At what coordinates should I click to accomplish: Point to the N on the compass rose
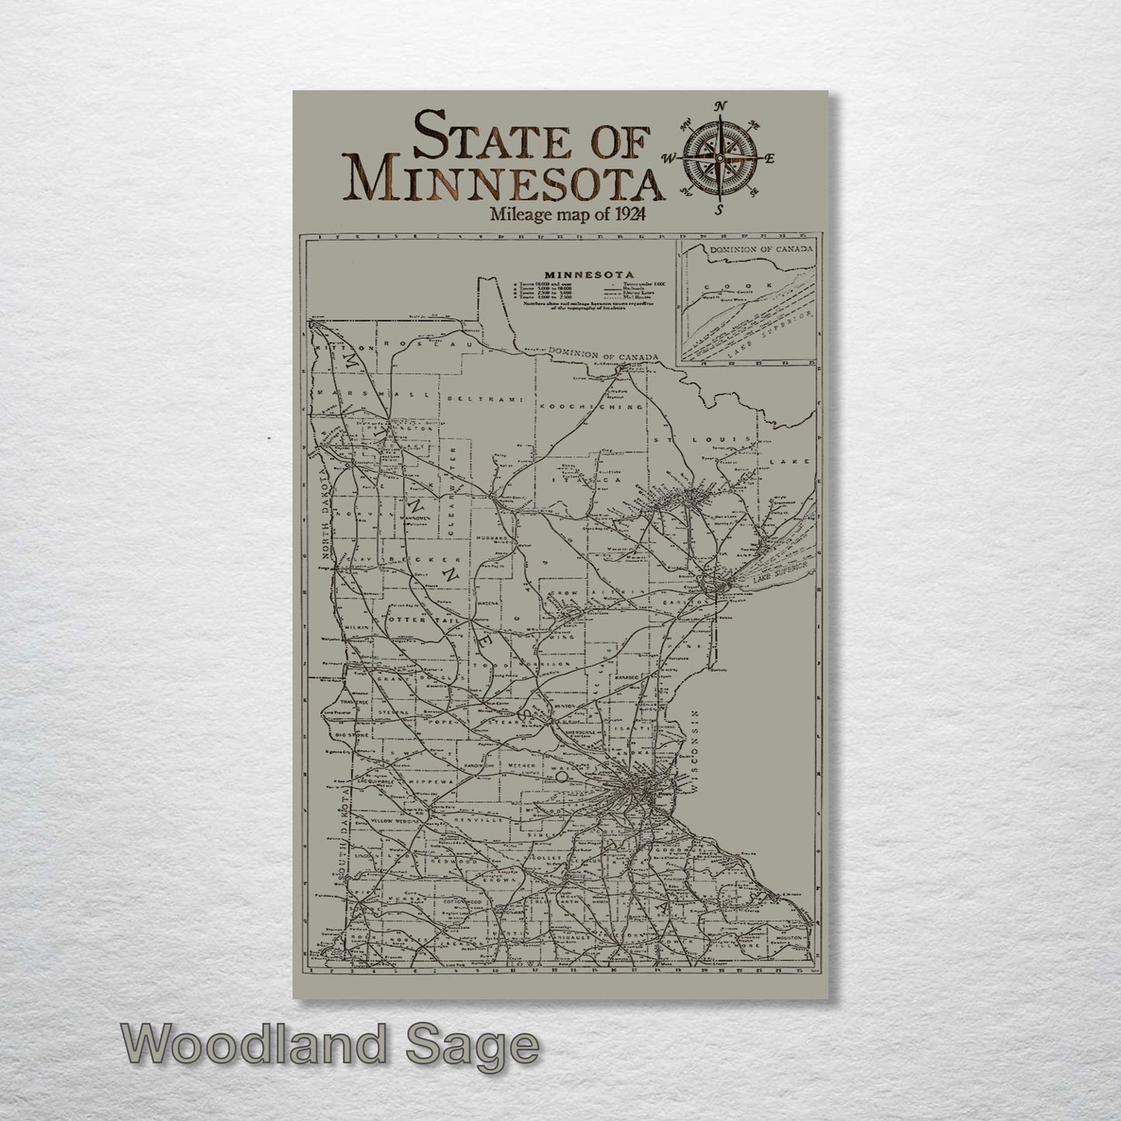click(720, 107)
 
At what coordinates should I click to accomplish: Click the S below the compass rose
click(719, 209)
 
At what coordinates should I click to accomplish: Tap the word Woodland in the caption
click(252, 1045)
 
